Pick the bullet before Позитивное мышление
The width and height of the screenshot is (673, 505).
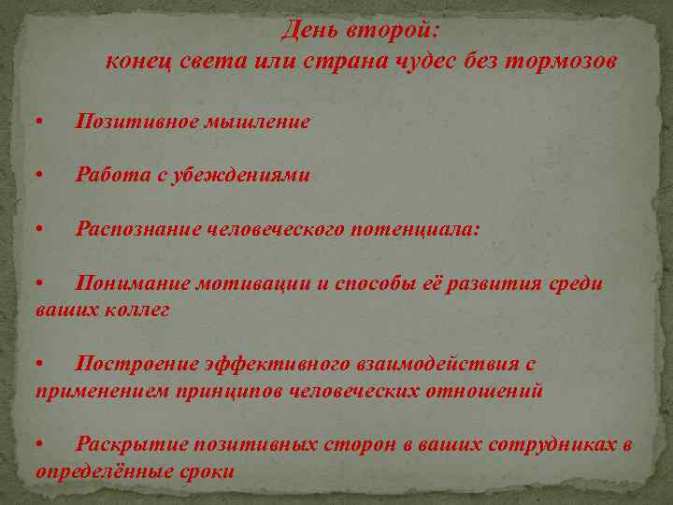[38, 123]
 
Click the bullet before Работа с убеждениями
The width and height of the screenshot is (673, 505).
[38, 176]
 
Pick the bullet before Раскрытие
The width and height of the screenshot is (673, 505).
[38, 444]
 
